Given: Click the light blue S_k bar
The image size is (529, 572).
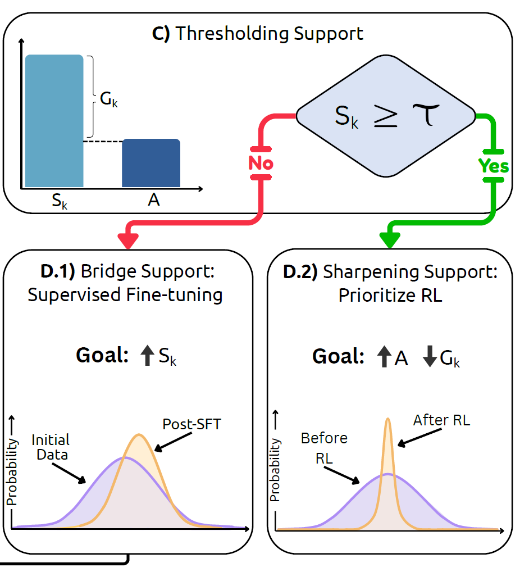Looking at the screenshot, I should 54,121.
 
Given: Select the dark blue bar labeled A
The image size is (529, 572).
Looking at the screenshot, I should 151,163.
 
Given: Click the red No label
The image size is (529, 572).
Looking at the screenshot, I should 261,163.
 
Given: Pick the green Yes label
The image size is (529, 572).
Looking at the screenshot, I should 494,166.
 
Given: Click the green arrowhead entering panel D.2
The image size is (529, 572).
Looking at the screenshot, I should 389,240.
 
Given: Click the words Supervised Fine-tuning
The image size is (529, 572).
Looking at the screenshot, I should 125,294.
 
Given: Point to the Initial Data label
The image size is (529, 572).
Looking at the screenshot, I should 51,447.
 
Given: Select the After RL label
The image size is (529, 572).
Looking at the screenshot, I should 441,420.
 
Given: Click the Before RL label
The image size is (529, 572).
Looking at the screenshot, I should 325,447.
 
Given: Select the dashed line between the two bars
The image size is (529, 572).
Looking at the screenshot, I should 103,141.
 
